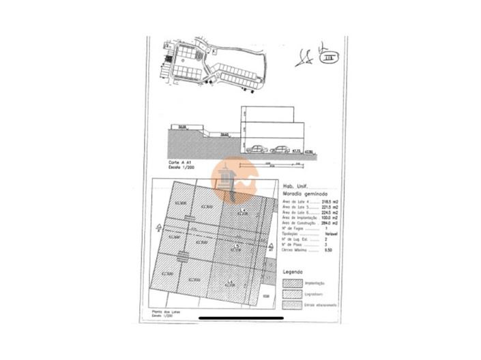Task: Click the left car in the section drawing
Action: pos(256,149)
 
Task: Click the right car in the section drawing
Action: pos(279,149)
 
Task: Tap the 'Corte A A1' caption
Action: pos(177,164)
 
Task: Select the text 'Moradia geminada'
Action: pos(302,194)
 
